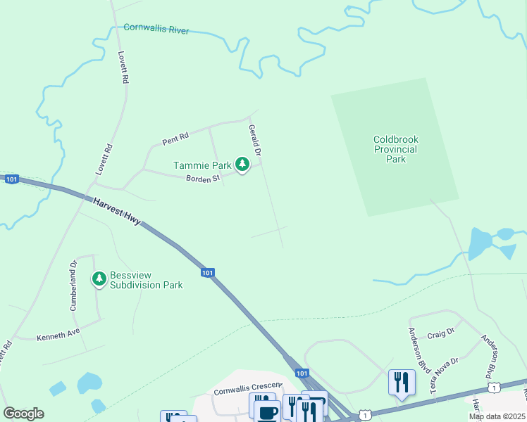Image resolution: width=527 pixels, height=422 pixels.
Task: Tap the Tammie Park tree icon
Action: [x=243, y=165]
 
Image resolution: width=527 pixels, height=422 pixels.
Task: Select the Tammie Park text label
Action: [x=203, y=166]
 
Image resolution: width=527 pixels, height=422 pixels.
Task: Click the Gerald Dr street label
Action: [x=255, y=141]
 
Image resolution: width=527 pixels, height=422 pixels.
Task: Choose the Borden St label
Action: [x=204, y=179]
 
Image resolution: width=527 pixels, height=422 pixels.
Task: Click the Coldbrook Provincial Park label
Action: [x=396, y=149]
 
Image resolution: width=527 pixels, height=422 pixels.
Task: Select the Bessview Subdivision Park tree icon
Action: [x=99, y=279]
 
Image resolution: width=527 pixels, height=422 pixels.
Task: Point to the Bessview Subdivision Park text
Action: [x=146, y=280]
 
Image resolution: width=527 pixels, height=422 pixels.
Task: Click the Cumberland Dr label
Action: [x=73, y=286]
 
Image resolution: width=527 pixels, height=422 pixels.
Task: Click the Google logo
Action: [x=24, y=414]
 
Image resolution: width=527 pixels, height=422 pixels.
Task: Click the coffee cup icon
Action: [x=267, y=414]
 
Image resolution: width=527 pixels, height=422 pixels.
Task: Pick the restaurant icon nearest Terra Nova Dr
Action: [x=402, y=382]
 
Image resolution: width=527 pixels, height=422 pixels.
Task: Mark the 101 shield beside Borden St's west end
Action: [x=11, y=180]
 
